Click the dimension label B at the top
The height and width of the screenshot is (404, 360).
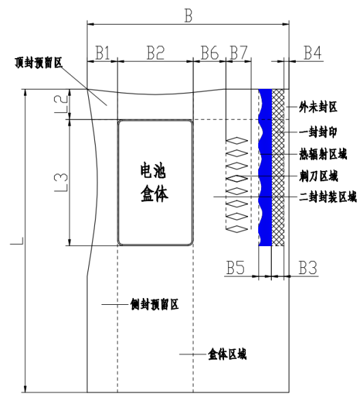pos(189,16)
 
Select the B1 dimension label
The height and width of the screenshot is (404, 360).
pos(102,53)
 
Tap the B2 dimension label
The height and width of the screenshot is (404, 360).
pos(156,53)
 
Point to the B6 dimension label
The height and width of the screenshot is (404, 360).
pos(210,53)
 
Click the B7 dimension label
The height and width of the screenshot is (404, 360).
pos(238,53)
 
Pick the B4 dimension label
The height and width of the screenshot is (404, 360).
pos(313,53)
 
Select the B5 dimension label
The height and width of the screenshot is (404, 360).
pos(236,267)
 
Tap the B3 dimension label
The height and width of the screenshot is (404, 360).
pos(307,267)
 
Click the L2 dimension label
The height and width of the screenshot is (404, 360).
pos(61,104)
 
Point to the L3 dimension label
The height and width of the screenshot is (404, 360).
pos(61,183)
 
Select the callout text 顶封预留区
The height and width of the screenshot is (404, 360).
pos(39,63)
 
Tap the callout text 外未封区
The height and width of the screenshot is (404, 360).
pos(318,107)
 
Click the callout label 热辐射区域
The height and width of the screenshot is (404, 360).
pos(323,154)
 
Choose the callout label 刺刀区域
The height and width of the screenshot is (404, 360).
pos(318,176)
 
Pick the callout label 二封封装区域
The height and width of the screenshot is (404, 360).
pos(328,197)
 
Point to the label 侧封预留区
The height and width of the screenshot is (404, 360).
pos(154,304)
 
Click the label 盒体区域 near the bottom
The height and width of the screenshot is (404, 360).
pos(227,354)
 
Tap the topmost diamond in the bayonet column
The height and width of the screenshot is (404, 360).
pos(237,141)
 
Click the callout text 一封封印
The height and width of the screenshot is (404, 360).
pos(318,133)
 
